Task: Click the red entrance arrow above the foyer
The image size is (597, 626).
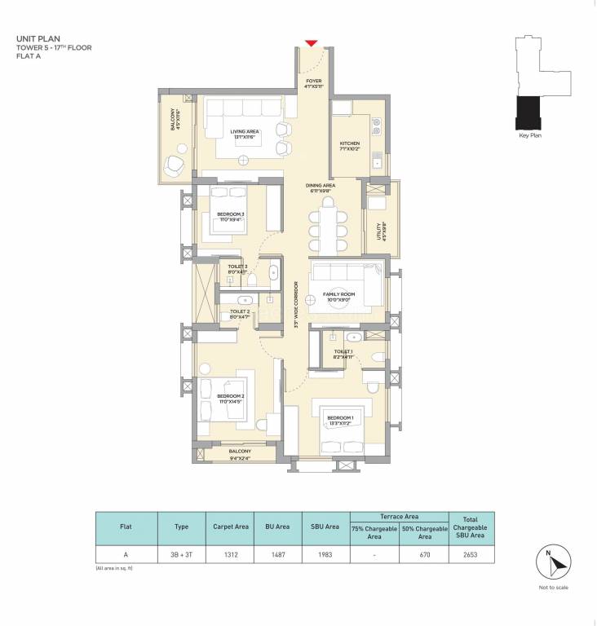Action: coord(311,43)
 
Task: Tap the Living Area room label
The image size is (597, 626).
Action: coord(244,133)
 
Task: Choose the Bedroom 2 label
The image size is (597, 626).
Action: coord(231,398)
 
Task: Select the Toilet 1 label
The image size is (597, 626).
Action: coord(343,353)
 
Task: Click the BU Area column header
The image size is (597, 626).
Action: coord(277,526)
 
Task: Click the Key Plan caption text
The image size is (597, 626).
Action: coord(530,135)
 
